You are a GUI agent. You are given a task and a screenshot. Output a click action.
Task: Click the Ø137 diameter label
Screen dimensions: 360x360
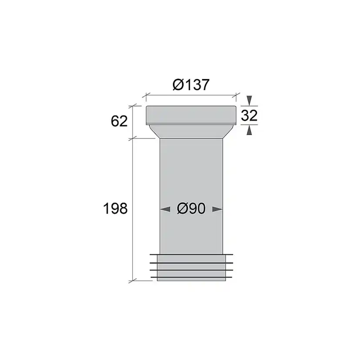pyautogui.click(x=191, y=85)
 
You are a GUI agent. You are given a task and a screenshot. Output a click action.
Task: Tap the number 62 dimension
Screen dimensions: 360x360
pyautogui.click(x=119, y=121)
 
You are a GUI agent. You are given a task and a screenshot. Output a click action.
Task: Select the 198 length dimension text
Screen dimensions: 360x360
pyautogui.click(x=115, y=208)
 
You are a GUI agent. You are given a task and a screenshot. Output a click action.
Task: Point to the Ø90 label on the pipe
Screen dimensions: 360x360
pyautogui.click(x=191, y=209)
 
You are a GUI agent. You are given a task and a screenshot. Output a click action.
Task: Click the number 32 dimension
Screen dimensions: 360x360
pyautogui.click(x=249, y=115)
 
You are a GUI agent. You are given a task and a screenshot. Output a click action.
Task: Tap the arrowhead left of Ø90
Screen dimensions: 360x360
pyautogui.click(x=165, y=209)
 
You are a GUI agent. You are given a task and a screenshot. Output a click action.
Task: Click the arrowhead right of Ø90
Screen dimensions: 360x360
pyautogui.click(x=217, y=209)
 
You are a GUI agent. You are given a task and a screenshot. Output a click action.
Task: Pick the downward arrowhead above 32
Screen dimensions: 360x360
pyautogui.click(x=249, y=100)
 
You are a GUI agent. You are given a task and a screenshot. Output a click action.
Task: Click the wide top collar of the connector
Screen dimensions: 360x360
pyautogui.click(x=191, y=115)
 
